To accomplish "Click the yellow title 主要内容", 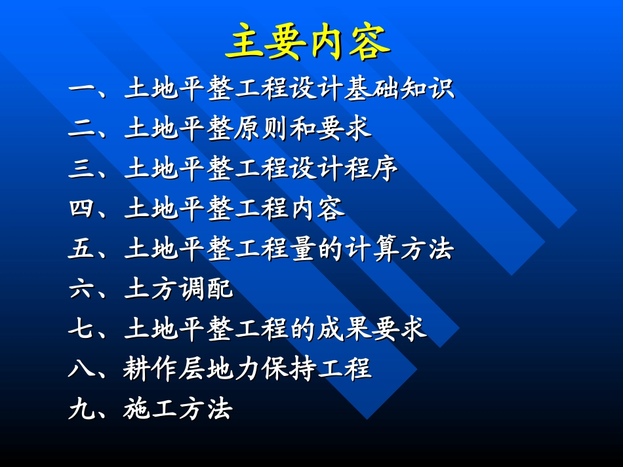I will click(x=308, y=42).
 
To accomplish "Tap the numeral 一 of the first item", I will click(x=82, y=89).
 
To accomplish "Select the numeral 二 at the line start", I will click(x=82, y=129).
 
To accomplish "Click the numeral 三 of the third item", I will click(x=82, y=169).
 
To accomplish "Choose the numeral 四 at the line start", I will click(x=82, y=209).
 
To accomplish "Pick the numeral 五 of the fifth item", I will click(x=82, y=249).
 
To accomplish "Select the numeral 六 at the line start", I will click(x=82, y=289).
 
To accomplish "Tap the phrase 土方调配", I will click(x=178, y=289).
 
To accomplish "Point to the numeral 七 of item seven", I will click(x=82, y=329).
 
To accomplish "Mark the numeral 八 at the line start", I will click(x=82, y=369).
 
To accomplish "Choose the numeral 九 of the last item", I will click(x=82, y=409).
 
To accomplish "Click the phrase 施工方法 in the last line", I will click(x=178, y=409).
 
